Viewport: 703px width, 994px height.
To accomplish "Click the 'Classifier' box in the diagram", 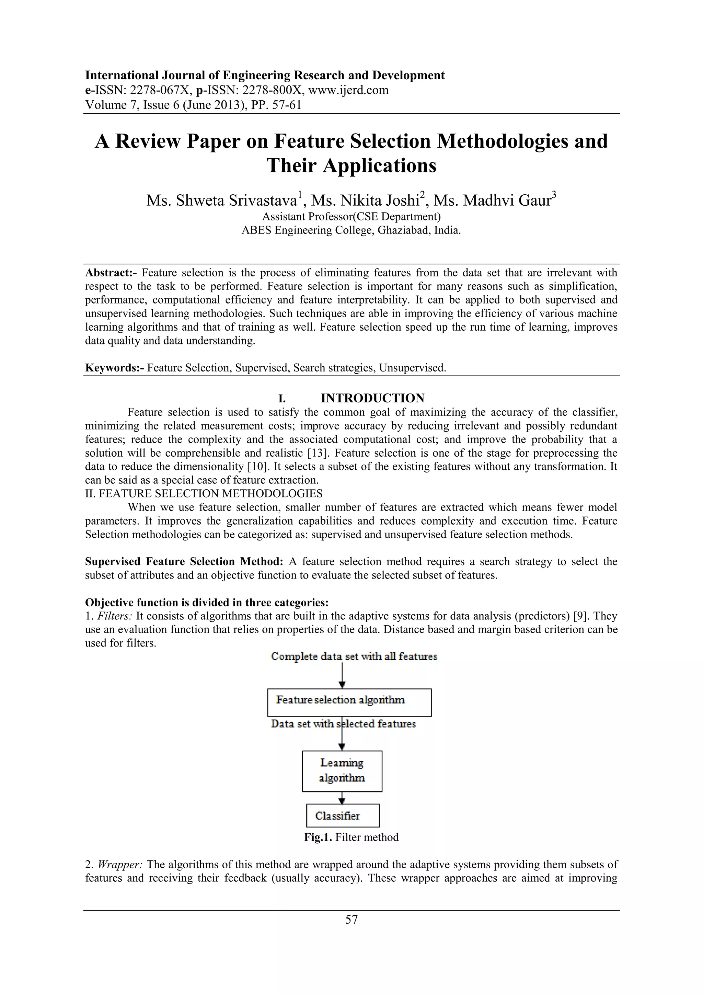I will point(343,816).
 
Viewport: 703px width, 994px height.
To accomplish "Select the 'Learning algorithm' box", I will point(342,771).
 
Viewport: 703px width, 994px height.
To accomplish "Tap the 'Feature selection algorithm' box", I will point(349,702).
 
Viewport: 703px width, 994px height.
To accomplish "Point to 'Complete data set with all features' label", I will point(354,657).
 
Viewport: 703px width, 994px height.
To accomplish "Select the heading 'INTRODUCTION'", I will point(372,398).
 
